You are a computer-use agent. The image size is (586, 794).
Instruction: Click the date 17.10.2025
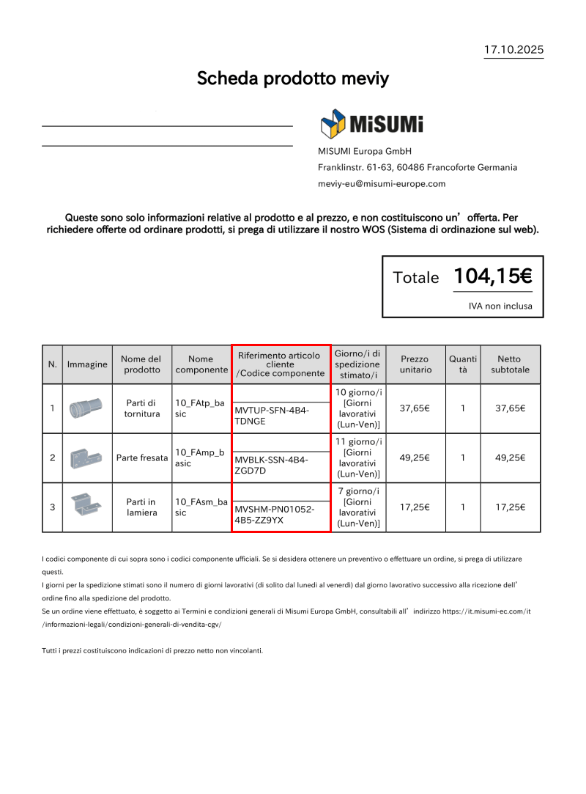coord(513,50)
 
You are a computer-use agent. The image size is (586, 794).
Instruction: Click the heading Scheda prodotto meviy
coord(292,78)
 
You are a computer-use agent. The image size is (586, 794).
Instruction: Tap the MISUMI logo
coord(371,124)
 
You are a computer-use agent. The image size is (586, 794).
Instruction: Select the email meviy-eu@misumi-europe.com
coord(382,183)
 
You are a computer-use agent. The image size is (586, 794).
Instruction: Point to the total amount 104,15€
coord(492,276)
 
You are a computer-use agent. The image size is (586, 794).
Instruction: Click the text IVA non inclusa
coord(500,306)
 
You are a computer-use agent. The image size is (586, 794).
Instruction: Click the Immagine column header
coord(87,364)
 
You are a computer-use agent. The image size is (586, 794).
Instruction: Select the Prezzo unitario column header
coord(415,364)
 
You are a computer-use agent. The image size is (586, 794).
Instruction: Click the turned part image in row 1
coord(86,408)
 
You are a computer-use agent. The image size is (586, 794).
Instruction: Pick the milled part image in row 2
coord(86,458)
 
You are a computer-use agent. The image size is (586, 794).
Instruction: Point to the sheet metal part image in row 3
coord(86,507)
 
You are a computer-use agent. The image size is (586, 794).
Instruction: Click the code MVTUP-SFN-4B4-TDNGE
coord(272,416)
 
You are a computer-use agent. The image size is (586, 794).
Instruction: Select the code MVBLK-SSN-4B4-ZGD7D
coord(272,465)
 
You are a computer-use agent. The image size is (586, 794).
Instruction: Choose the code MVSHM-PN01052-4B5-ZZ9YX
coord(273,515)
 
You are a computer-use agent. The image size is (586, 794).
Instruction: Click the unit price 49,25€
coord(415,457)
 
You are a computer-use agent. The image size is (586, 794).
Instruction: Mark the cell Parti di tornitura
coord(141,408)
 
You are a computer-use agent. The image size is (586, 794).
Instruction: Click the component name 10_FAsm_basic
coord(200,507)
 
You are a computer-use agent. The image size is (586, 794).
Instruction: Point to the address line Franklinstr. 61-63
coord(417,167)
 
